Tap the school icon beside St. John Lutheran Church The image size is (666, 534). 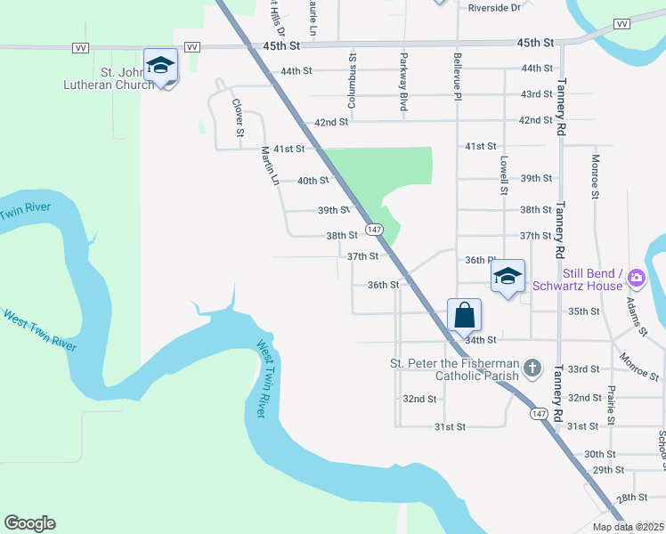(160, 66)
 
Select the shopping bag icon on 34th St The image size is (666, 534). (464, 315)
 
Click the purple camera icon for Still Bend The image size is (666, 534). (636, 279)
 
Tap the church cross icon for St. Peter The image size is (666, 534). (532, 367)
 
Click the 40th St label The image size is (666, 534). (313, 181)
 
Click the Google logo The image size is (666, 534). (29, 523)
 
